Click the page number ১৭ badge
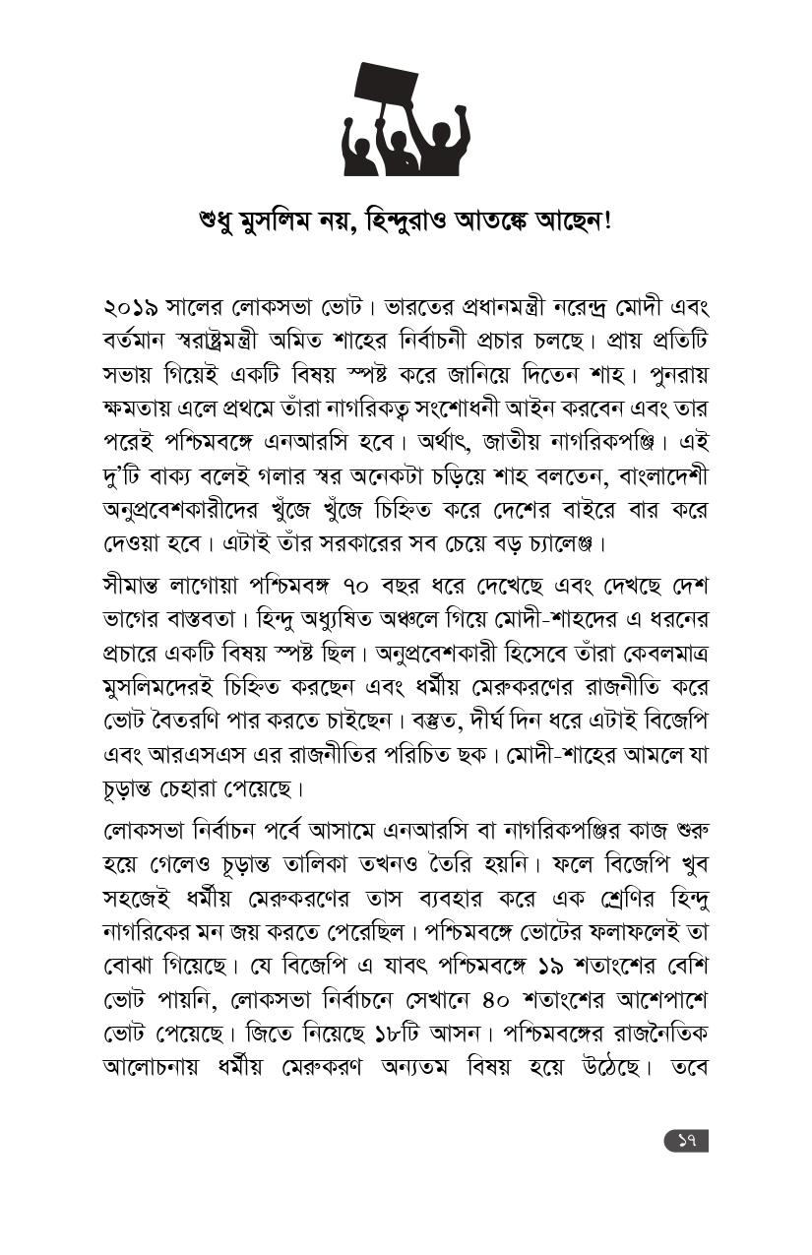tap(686, 1141)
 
